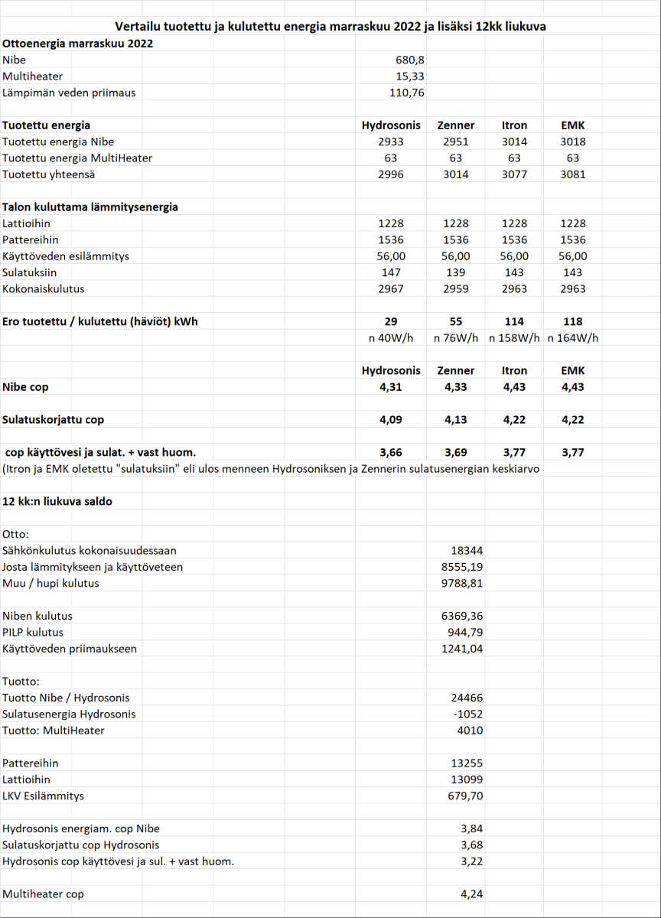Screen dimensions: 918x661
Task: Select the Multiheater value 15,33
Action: pyautogui.click(x=407, y=76)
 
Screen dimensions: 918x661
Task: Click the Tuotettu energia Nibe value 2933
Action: pyautogui.click(x=391, y=142)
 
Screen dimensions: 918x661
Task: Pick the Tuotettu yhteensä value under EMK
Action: pyautogui.click(x=572, y=174)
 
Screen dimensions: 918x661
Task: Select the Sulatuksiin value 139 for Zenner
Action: pyautogui.click(x=455, y=272)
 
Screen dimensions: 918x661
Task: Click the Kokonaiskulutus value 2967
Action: pyautogui.click(x=391, y=289)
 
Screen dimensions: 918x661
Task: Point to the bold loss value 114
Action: pyautogui.click(x=514, y=321)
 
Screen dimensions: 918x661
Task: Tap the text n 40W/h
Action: pyautogui.click(x=391, y=338)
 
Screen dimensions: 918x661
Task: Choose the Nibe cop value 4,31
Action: pyautogui.click(x=391, y=387)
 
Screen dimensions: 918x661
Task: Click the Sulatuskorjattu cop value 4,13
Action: pyautogui.click(x=455, y=419)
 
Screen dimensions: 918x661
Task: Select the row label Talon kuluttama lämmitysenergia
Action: pyautogui.click(x=90, y=207)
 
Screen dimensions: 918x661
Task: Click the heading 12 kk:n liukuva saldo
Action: pyautogui.click(x=58, y=501)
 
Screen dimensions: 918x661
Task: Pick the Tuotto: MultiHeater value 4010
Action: pyautogui.click(x=469, y=731)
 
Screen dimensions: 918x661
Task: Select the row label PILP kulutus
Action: pyautogui.click(x=33, y=632)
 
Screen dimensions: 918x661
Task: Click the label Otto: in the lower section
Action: pyautogui.click(x=16, y=534)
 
